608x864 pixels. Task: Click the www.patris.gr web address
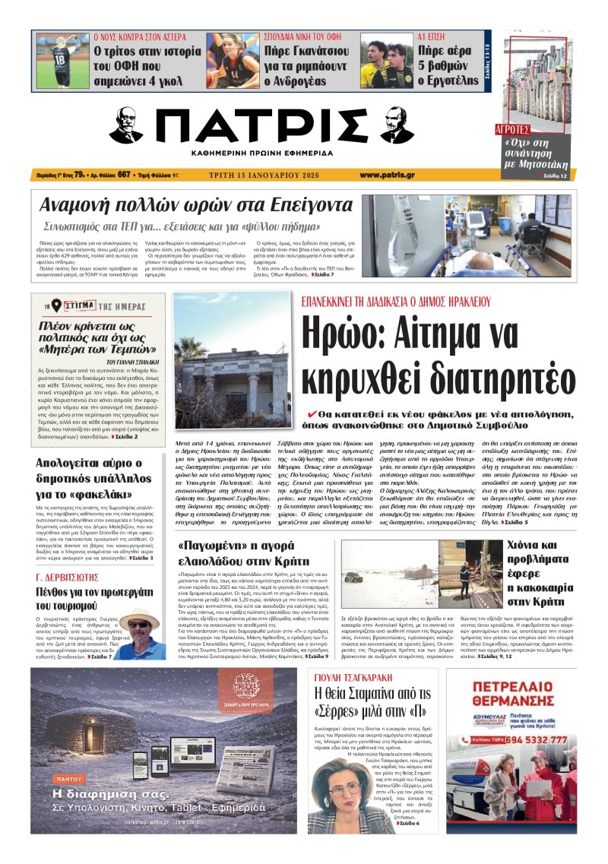click(x=387, y=175)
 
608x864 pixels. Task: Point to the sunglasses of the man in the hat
click(x=139, y=624)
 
